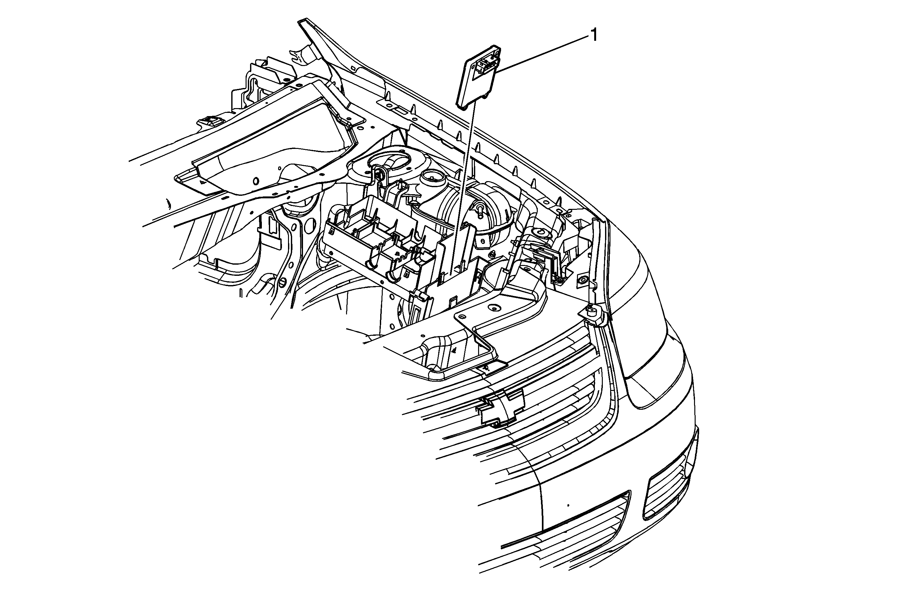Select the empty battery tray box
click(x=378, y=245)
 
